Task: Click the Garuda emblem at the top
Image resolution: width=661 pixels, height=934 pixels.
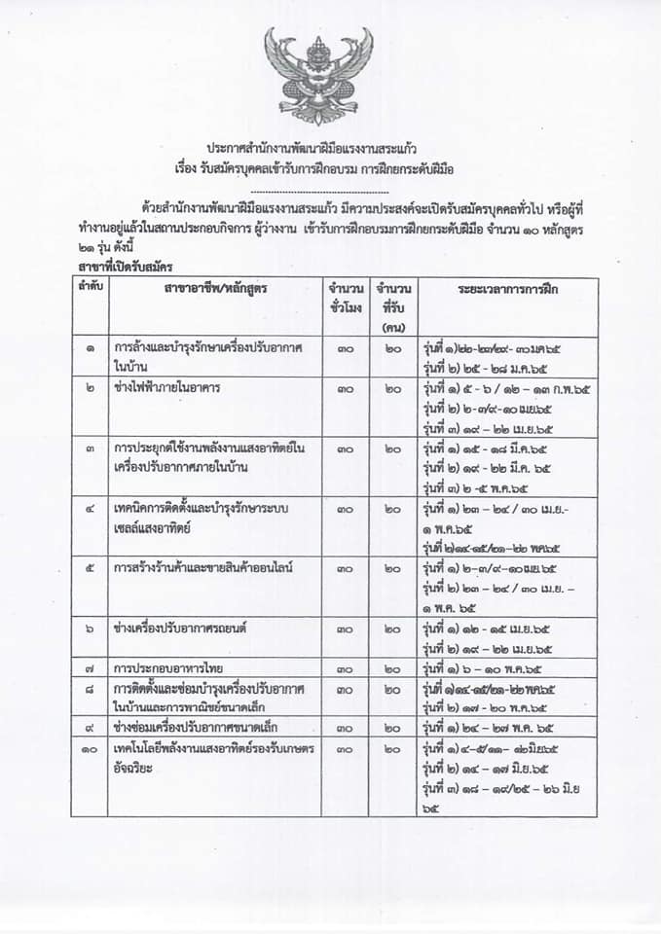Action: coord(318,75)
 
